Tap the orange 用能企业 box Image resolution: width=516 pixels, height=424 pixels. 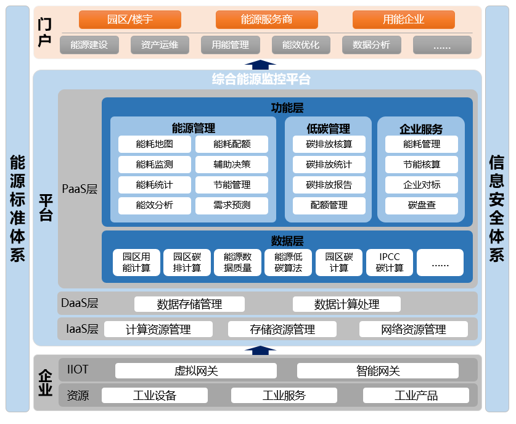[x=403, y=20]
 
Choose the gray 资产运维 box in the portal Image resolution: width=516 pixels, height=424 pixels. [x=160, y=45]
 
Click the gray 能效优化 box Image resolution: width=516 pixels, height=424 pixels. [x=301, y=45]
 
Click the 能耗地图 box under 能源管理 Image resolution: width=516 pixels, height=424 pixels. [x=155, y=144]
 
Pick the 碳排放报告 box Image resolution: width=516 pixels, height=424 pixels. [x=329, y=185]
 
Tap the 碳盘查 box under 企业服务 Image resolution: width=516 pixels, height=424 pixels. [x=422, y=205]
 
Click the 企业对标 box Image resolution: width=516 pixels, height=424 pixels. [x=422, y=185]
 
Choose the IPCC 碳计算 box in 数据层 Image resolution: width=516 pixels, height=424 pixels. [x=390, y=263]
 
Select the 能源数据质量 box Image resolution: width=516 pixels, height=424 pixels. [x=237, y=263]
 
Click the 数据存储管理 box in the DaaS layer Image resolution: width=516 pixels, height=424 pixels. [x=189, y=304]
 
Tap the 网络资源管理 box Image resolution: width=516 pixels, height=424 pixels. [x=414, y=329]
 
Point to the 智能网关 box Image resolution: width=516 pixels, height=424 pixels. [x=378, y=371]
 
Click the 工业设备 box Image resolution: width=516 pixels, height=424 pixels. [x=155, y=396]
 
